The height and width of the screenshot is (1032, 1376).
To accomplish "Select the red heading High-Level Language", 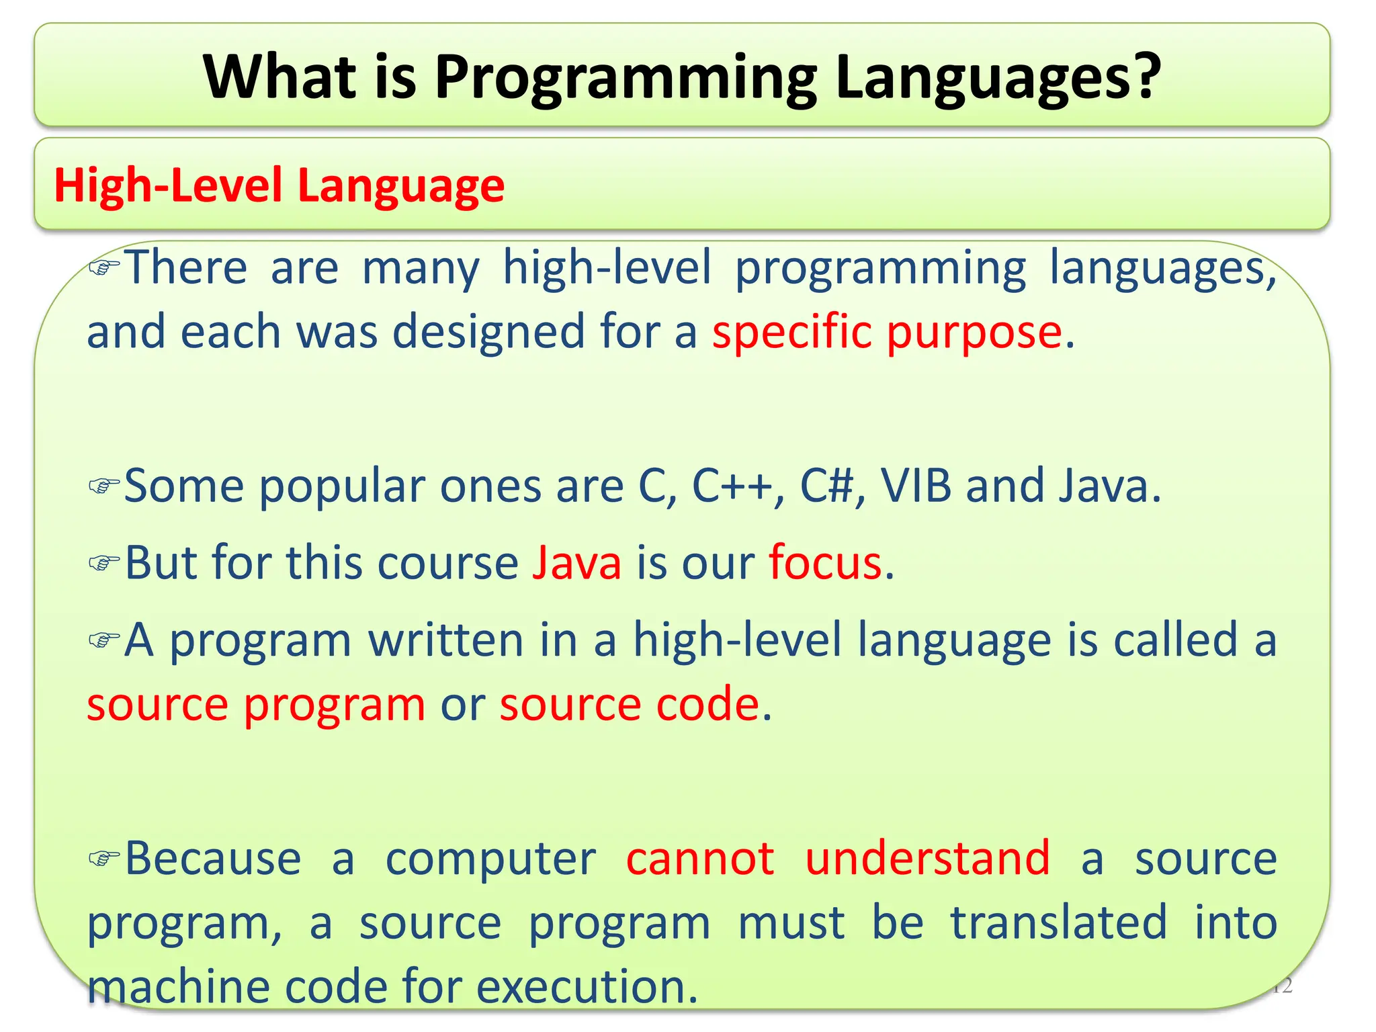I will (279, 185).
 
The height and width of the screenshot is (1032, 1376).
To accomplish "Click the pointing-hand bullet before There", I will (104, 267).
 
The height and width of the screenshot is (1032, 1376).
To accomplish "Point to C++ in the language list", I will (732, 486).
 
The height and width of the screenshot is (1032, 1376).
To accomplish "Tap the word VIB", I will (916, 486).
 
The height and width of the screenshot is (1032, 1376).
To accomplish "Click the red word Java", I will (576, 562).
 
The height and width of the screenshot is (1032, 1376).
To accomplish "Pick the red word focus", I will (825, 562).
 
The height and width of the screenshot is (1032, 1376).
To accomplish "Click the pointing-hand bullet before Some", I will (104, 485).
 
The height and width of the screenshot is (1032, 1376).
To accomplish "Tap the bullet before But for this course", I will (104, 562).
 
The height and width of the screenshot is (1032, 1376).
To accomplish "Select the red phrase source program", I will (256, 705).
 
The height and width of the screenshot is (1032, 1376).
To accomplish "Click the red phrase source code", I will (630, 705).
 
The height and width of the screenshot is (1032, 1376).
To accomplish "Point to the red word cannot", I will (700, 859).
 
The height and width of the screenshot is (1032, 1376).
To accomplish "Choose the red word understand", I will (927, 859).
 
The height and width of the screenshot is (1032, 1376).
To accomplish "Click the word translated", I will (1058, 922).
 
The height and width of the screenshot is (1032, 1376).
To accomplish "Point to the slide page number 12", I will (1282, 986).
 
